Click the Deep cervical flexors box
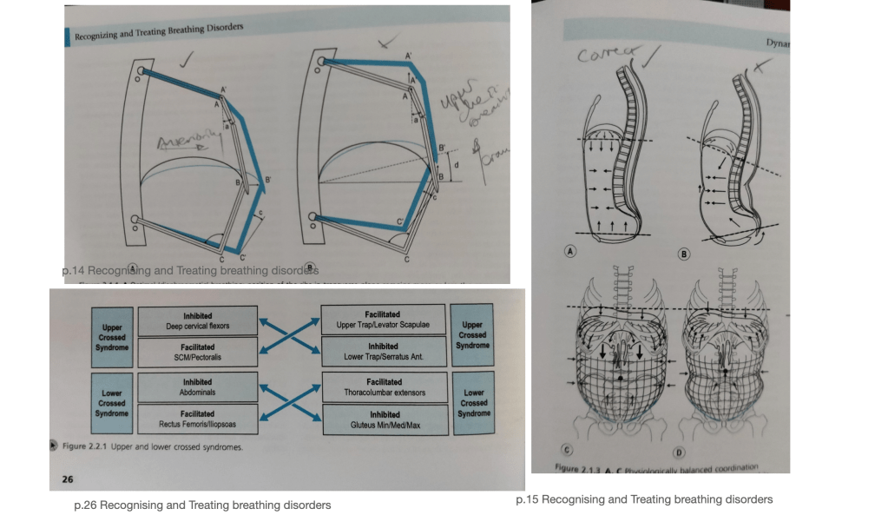197,321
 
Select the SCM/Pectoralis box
197,352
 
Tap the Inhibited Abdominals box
197,386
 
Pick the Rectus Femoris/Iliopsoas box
197,418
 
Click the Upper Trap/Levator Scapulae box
384,319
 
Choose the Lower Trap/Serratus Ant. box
384,351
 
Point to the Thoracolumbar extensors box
384,386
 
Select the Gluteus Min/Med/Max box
384,419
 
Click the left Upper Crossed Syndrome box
111,337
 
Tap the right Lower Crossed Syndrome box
473,403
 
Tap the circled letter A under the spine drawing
571,251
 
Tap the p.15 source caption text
643,499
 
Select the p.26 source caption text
202,505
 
